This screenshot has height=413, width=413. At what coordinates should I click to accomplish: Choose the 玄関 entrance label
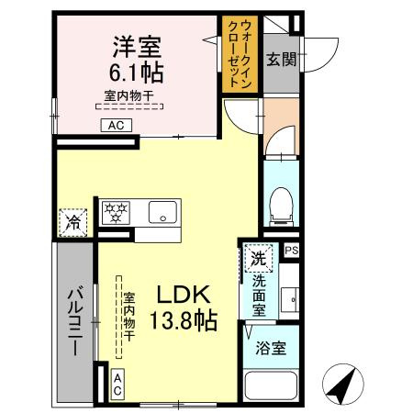click(281, 60)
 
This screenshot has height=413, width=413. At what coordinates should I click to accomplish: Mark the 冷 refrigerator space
click(73, 223)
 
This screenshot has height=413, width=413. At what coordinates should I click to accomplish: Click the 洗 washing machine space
click(258, 259)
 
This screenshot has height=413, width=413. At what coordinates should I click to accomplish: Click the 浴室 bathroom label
click(270, 350)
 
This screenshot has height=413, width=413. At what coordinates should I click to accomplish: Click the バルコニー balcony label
click(73, 320)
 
